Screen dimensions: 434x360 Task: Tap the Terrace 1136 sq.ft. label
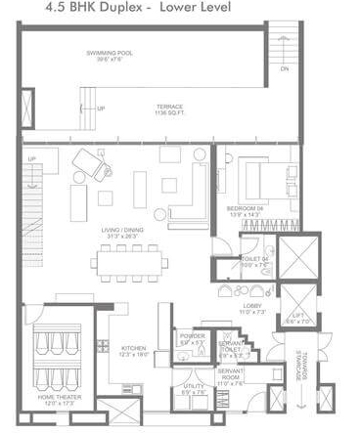pos(171,111)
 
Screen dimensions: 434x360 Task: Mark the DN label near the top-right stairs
pos(285,70)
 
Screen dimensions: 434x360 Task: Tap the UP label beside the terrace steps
pos(100,108)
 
